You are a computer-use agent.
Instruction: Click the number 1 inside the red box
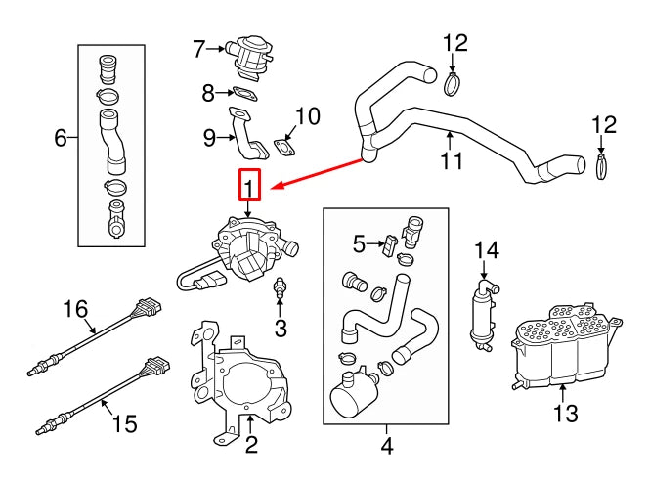click(x=249, y=185)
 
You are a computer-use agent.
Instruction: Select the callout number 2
click(x=250, y=448)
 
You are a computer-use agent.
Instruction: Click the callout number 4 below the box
click(x=386, y=448)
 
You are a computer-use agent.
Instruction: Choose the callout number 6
click(x=61, y=138)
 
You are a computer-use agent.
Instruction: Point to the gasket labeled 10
click(x=286, y=150)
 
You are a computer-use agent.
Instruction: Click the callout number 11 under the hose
click(x=451, y=159)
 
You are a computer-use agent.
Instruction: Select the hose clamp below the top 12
click(x=451, y=85)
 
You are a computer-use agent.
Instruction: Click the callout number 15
click(x=122, y=423)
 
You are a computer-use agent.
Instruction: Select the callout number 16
click(x=76, y=311)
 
